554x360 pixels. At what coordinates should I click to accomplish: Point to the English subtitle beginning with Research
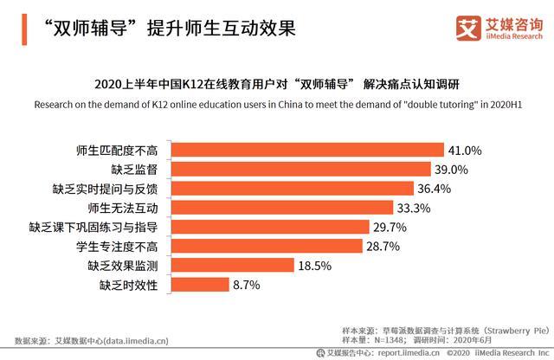[x=277, y=104]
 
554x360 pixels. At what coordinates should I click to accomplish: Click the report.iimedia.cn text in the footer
[x=406, y=353]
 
